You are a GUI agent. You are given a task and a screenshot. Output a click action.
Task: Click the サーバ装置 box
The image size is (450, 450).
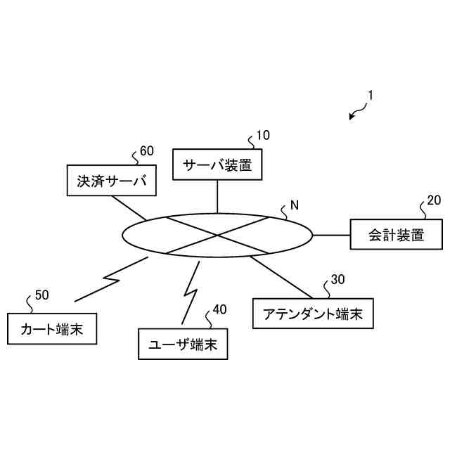[x=217, y=165]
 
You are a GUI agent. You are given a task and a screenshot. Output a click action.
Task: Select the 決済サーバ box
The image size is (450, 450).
[x=111, y=181]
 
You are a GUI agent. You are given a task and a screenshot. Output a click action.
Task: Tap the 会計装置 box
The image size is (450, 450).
[x=397, y=235]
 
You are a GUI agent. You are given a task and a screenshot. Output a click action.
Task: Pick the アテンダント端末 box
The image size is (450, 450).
[x=313, y=314]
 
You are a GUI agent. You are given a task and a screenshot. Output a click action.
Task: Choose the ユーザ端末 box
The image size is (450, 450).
[x=183, y=345]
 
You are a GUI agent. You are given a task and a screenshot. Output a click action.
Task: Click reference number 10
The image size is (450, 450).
[x=262, y=136]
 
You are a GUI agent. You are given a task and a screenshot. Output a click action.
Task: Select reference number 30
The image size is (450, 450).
[x=337, y=279]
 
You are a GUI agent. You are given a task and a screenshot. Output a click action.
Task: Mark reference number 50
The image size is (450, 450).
[x=42, y=295]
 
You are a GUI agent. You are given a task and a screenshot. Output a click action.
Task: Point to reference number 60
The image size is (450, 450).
[x=147, y=151]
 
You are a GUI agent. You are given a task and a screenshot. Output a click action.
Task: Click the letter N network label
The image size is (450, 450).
[x=295, y=205]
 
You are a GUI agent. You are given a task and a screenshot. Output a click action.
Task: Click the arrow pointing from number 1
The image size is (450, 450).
[x=357, y=112]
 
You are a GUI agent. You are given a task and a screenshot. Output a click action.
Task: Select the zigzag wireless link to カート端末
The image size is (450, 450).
[x=112, y=278]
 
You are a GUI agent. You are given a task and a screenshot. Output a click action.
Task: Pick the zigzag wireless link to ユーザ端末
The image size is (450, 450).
[x=191, y=289]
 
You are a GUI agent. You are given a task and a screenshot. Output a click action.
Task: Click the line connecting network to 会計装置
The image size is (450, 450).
[x=332, y=235]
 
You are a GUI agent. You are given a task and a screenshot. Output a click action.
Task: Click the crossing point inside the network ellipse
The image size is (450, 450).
[x=217, y=235]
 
